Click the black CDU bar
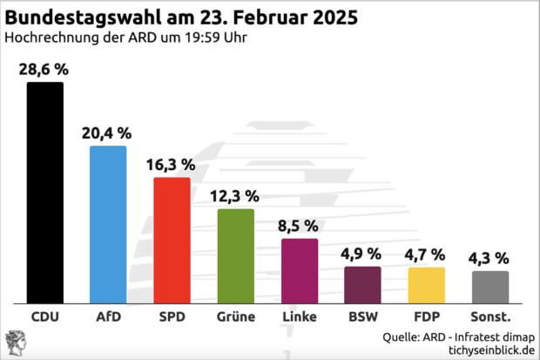(44, 191)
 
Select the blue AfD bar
(108, 223)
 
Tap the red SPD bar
(172, 239)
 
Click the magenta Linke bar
(299, 269)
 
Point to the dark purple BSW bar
(362, 283)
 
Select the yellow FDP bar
(426, 284)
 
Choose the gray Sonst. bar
(490, 286)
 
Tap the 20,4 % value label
(108, 133)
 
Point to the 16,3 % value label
(172, 165)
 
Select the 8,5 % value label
(299, 226)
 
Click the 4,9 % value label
(362, 254)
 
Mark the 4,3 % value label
(490, 258)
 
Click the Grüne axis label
(235, 316)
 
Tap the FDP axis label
(426, 316)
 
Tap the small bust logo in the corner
(15, 343)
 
